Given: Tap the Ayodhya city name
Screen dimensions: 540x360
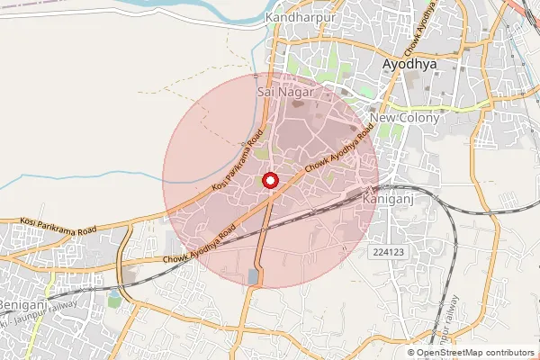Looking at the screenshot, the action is tap(409, 66).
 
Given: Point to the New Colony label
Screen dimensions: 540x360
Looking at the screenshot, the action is tap(404, 118).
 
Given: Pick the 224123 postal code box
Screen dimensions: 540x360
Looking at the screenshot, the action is tap(387, 255).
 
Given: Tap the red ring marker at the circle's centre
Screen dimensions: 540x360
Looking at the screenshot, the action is tap(270, 182).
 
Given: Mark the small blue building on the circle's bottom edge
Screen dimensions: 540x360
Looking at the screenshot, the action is tap(251, 275).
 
